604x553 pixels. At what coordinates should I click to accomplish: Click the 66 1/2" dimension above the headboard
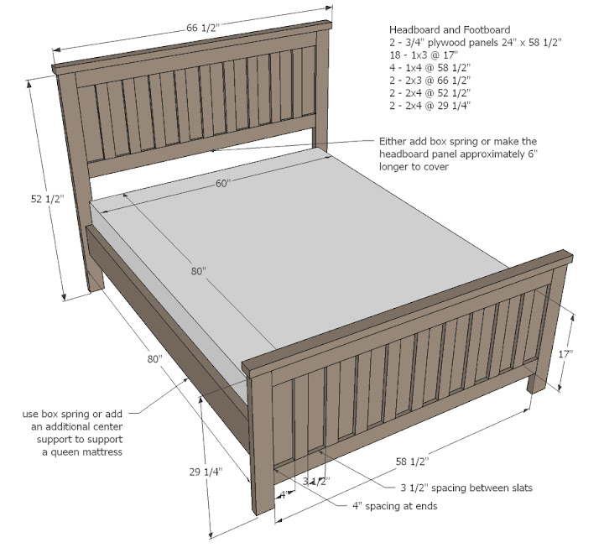(203, 29)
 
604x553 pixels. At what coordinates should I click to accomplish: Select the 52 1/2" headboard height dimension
(47, 199)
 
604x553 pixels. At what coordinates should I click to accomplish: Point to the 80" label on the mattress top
(199, 271)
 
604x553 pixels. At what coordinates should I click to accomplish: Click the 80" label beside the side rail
(154, 359)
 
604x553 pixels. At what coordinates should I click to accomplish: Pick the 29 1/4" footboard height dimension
(206, 472)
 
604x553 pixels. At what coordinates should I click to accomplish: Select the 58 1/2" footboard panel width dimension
(412, 462)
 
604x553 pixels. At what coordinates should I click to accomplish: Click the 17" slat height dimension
(566, 354)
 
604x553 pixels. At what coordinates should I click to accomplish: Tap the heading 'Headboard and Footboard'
(450, 29)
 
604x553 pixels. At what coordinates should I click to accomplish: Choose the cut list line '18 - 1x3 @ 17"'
(424, 55)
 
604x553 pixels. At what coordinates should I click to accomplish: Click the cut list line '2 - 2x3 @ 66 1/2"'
(430, 81)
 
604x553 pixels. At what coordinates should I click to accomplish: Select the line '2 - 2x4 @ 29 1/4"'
(430, 106)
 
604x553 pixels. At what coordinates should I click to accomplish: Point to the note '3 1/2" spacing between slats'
(466, 488)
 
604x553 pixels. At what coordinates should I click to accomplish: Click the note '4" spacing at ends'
(395, 506)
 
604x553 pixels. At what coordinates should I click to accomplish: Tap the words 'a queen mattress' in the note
(82, 451)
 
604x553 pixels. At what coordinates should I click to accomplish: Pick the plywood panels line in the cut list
(476, 43)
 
